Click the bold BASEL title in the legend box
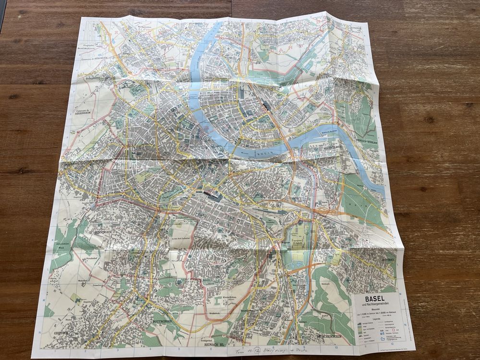pos(375,298)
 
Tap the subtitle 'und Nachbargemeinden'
pos(375,305)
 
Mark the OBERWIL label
pos(50,333)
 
